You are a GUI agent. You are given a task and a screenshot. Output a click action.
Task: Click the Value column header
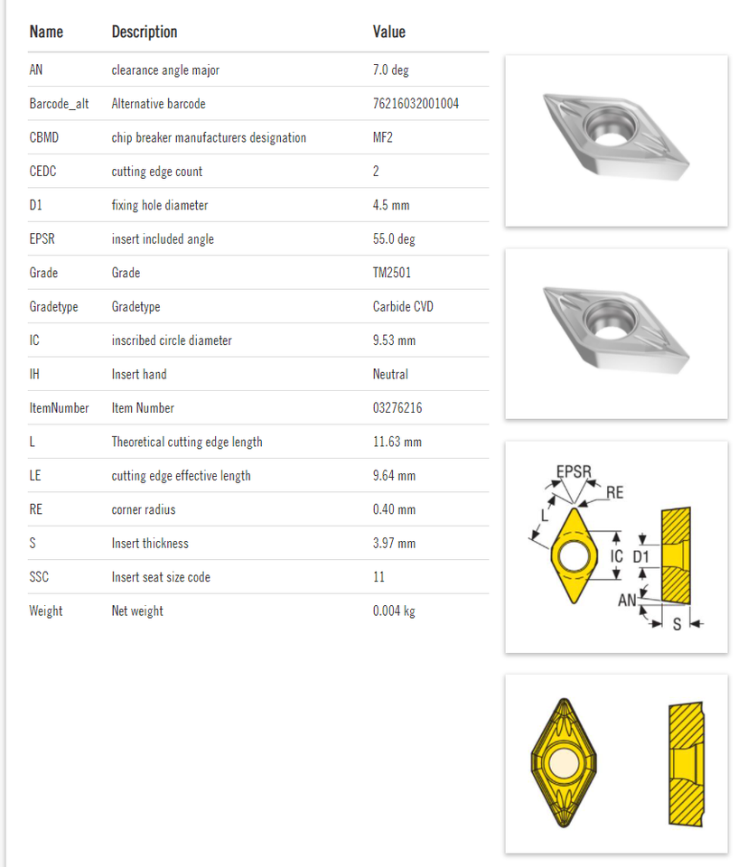pos(389,33)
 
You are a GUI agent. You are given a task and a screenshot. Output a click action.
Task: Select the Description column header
pos(145,33)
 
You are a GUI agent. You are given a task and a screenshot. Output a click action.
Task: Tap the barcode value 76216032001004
pos(416,104)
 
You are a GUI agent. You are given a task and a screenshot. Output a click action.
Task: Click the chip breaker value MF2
pos(383,138)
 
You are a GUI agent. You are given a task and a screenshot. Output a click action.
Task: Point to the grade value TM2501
pos(392,273)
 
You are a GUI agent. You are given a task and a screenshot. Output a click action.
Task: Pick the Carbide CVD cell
pos(403,307)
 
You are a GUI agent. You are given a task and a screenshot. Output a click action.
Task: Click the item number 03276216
pos(397,408)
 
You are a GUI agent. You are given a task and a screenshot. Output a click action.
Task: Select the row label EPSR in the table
pos(42,239)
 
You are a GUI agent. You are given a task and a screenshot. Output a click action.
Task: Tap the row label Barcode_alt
pos(59,104)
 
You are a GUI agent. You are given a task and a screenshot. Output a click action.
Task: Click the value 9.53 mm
pos(395,340)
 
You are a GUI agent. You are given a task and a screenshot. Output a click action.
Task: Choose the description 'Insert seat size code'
pos(161,577)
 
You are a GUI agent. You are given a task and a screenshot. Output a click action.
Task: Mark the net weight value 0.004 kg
pos(394,611)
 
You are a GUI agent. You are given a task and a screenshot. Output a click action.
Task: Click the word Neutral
pos(390,374)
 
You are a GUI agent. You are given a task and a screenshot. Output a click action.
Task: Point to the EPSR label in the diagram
pos(574,471)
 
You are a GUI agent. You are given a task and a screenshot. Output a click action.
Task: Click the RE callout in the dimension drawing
pos(614,492)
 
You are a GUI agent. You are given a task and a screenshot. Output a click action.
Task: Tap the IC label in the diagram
pos(616,556)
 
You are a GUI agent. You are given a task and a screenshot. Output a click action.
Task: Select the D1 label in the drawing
pos(640,556)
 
